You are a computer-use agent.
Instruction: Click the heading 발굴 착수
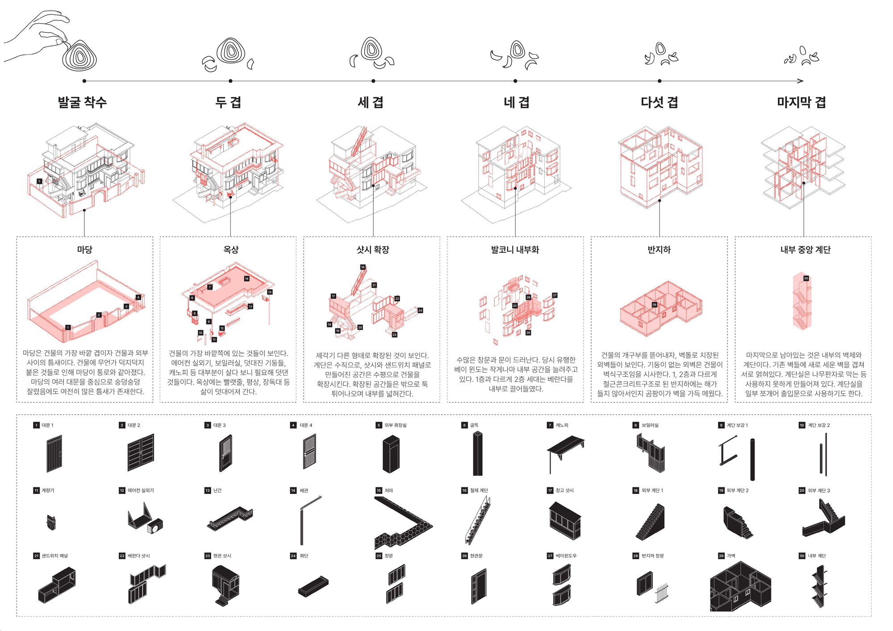click(83, 102)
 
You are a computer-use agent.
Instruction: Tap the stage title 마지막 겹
click(801, 102)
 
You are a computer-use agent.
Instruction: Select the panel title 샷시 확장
click(373, 249)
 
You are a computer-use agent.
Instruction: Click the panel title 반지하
click(659, 249)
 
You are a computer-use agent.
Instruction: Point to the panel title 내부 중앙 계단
click(805, 249)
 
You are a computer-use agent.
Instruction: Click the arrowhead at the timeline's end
click(801, 81)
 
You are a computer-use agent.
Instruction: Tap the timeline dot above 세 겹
click(373, 81)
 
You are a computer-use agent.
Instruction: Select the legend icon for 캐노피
click(565, 453)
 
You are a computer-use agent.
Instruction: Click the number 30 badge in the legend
click(802, 556)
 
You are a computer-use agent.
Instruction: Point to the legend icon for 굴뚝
click(478, 453)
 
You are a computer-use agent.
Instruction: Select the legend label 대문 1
click(47, 425)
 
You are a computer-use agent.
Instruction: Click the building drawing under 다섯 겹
click(660, 167)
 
